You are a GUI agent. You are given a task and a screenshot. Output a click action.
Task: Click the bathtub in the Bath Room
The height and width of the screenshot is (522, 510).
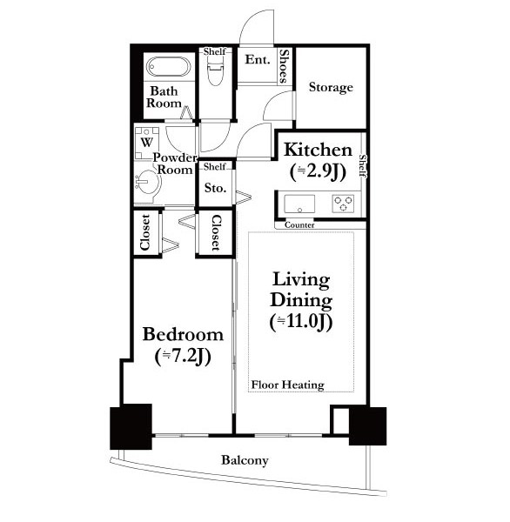(x=169, y=67)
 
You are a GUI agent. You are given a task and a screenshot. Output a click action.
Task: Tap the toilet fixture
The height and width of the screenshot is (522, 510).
(x=215, y=71)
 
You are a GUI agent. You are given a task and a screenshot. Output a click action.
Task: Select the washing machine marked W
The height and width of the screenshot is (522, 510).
(x=146, y=144)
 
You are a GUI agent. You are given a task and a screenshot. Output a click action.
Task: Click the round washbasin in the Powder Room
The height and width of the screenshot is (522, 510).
(x=148, y=182)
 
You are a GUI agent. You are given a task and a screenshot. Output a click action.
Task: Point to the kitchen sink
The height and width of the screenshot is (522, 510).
(x=299, y=204)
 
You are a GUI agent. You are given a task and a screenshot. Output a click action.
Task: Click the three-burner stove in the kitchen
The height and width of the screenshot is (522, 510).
(x=343, y=204)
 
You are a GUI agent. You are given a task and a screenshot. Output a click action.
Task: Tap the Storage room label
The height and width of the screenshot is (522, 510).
(x=331, y=87)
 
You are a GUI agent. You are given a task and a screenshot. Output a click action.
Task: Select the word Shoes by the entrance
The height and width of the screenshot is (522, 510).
(x=284, y=66)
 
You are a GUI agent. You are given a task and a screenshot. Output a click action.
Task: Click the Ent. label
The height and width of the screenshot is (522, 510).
(x=258, y=59)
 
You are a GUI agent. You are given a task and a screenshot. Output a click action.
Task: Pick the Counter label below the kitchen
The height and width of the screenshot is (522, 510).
(x=299, y=225)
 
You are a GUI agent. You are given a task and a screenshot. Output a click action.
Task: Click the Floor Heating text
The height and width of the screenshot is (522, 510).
(x=288, y=385)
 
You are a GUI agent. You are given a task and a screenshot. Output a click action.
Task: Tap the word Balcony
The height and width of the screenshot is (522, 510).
(x=245, y=460)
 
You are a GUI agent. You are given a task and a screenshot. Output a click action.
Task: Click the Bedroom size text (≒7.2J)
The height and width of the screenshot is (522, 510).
(x=183, y=357)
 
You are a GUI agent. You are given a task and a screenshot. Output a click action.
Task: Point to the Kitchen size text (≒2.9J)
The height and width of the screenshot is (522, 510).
(x=319, y=171)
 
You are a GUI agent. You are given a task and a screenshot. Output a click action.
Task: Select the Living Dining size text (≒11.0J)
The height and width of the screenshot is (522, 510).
(x=301, y=322)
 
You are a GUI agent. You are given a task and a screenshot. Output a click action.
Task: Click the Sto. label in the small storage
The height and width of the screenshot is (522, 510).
(x=215, y=188)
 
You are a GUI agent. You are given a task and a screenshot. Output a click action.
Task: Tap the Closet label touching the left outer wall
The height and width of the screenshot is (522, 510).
(x=145, y=232)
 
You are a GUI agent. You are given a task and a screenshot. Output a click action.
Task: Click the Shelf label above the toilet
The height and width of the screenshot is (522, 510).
(x=215, y=51)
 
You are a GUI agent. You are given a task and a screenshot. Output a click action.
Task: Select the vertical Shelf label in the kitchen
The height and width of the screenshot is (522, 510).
(x=363, y=166)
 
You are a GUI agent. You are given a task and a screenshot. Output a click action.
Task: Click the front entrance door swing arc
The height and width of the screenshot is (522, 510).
(x=249, y=20)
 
